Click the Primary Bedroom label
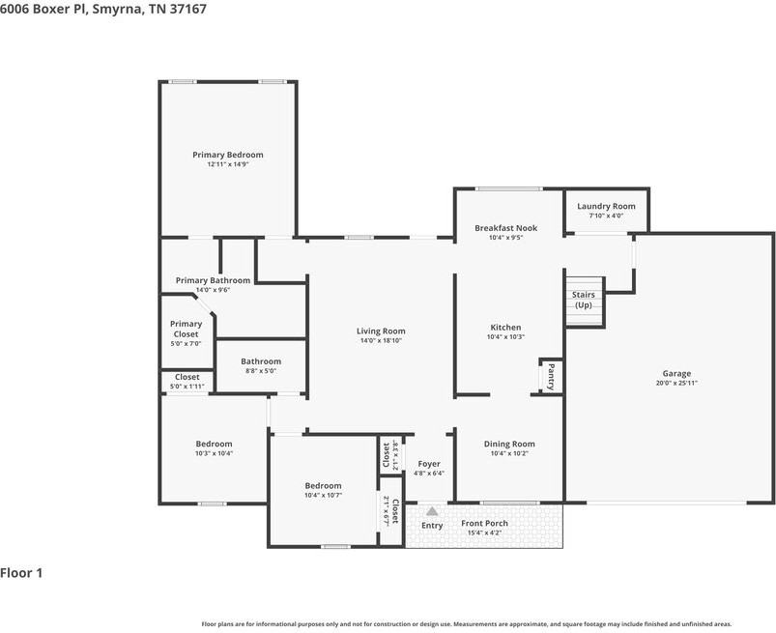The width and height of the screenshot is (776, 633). pos(227,155)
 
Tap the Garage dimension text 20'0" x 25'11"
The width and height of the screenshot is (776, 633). pos(675,383)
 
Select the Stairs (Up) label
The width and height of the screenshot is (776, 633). pos(583,300)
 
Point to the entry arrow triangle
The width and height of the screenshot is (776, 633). pos(432,510)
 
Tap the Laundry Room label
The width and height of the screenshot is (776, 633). pos(606,206)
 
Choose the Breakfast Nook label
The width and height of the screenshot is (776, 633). pos(505,228)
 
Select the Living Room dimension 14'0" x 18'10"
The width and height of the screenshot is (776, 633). pos(381,340)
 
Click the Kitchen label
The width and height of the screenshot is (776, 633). pos(505,328)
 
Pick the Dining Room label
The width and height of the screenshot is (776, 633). pos(508,444)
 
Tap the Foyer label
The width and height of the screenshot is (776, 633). pos(428,464)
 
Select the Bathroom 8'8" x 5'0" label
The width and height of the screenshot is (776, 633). pos(261,361)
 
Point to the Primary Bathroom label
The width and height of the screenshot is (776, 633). pos(213,280)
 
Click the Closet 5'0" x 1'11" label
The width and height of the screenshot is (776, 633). pos(187,377)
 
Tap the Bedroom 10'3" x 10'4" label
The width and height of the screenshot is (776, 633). pos(214,444)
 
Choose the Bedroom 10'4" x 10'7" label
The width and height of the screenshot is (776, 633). pos(323,485)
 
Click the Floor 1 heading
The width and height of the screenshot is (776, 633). pos(21,573)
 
